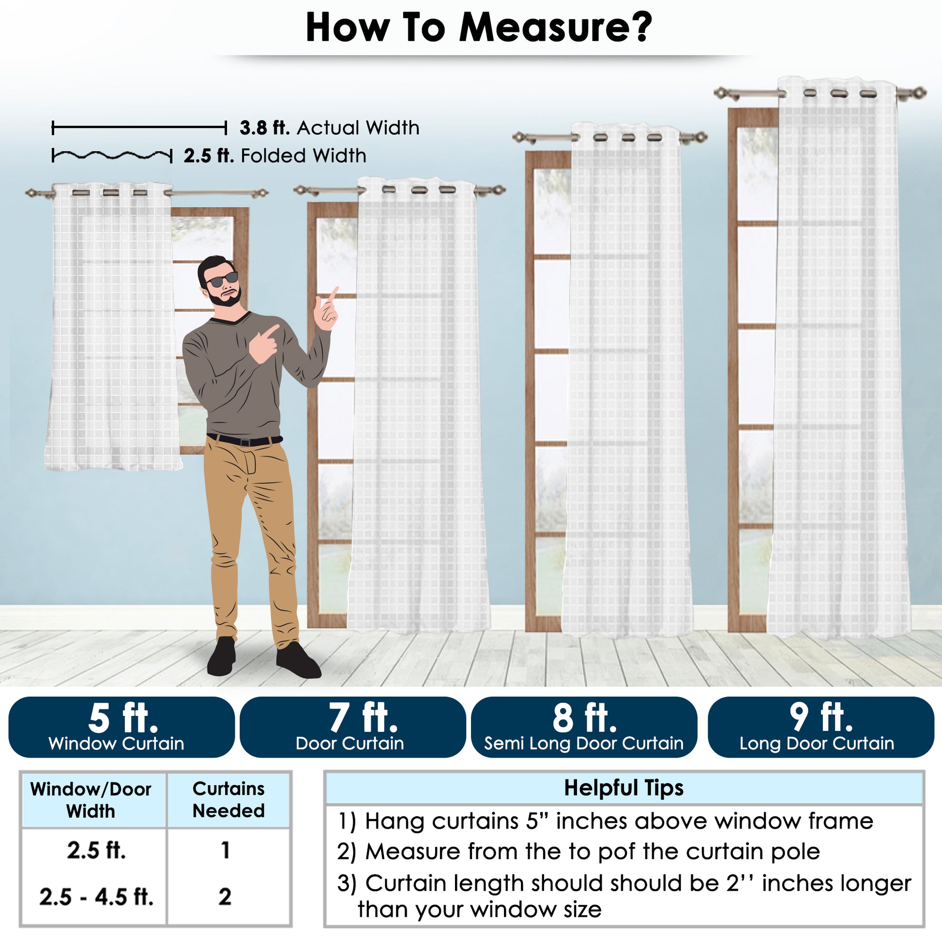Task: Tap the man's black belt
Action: pos(244,441)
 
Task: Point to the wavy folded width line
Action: pos(112,155)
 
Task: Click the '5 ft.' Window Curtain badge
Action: pos(122,727)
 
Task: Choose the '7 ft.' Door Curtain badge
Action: pos(353,727)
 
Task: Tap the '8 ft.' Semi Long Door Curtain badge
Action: pos(584,727)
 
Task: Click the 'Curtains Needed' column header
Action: pos(228,800)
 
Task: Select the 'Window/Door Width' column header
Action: pos(91,800)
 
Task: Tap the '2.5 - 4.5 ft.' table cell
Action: pos(96,896)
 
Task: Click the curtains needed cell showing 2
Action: pos(225,896)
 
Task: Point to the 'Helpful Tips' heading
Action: pos(623,788)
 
